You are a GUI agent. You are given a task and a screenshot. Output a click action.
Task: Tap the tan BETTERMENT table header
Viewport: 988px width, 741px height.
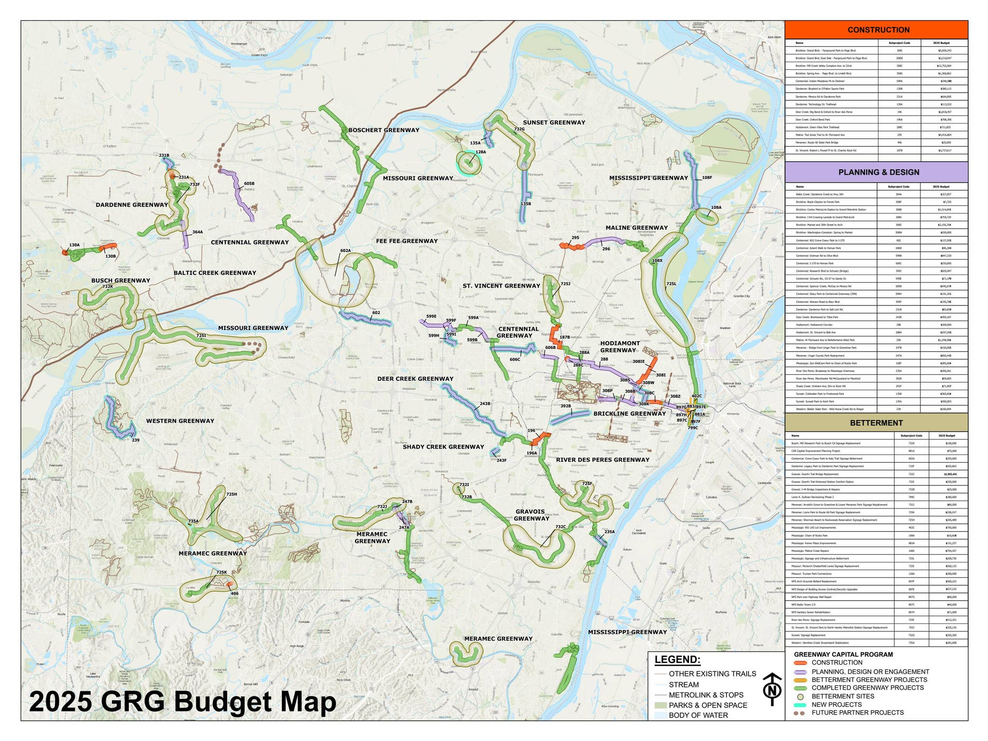(876, 423)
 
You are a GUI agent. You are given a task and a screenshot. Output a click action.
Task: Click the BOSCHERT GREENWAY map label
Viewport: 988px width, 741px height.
(384, 130)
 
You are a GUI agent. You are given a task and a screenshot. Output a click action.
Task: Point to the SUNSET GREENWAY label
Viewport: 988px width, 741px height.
(554, 123)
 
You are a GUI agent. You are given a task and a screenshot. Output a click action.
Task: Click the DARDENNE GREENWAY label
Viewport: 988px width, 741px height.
(132, 205)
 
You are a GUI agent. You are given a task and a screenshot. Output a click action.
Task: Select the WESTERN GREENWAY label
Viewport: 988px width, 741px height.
(180, 421)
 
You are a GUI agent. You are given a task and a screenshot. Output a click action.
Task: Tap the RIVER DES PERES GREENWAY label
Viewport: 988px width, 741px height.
(603, 460)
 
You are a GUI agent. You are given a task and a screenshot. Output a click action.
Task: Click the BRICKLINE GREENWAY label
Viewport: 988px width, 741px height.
(629, 413)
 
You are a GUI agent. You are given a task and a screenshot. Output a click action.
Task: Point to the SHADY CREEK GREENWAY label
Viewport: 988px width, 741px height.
(443, 447)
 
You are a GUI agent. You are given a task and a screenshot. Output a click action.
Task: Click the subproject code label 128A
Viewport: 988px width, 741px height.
(480, 152)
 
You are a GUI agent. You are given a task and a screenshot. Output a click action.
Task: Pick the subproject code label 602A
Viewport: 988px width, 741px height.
(345, 251)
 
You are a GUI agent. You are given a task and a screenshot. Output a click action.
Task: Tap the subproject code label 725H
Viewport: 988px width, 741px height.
(232, 494)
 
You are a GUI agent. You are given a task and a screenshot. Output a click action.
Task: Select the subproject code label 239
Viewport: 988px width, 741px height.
(136, 440)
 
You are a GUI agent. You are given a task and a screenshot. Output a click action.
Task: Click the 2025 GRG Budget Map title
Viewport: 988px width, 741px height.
(182, 702)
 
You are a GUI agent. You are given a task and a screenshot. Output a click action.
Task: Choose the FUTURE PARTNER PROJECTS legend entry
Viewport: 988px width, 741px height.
(857, 713)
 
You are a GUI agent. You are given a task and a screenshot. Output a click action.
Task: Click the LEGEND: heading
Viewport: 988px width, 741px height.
(677, 660)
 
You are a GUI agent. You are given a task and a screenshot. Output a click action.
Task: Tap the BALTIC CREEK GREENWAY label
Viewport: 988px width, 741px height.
(215, 273)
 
